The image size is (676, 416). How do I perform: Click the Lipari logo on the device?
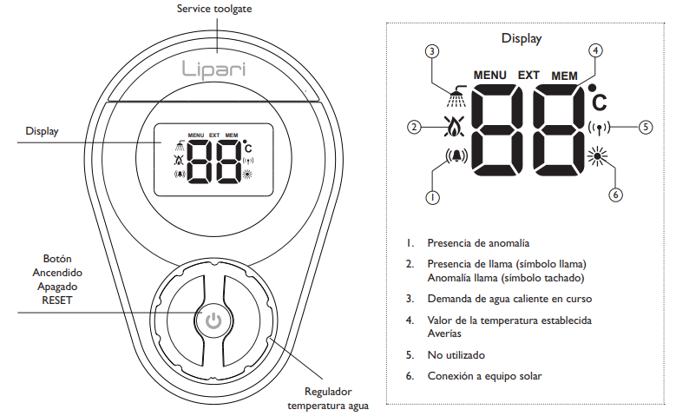(x=213, y=69)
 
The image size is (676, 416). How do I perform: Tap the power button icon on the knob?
(x=213, y=321)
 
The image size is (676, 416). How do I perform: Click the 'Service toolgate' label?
(x=214, y=9)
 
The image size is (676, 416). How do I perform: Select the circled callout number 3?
(x=432, y=52)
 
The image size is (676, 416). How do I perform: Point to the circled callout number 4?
(x=595, y=50)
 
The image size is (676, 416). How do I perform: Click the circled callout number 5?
(x=646, y=127)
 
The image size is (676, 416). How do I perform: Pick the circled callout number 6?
(x=615, y=195)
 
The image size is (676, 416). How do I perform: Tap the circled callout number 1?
(x=432, y=197)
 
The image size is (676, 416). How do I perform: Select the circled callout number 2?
(x=414, y=128)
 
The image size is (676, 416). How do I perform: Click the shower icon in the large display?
(x=457, y=96)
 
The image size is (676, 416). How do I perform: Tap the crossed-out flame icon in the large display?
(x=455, y=127)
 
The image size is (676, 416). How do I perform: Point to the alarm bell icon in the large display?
(x=456, y=156)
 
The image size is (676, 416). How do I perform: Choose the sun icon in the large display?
(x=597, y=156)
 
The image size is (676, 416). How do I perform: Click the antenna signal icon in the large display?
(x=600, y=128)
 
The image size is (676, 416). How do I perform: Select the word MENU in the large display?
(x=489, y=76)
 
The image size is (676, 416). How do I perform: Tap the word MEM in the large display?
(x=564, y=76)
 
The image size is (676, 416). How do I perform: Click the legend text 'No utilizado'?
(x=456, y=355)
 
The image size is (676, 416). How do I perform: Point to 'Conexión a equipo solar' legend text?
(x=484, y=376)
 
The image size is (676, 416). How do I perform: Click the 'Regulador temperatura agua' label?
(x=328, y=399)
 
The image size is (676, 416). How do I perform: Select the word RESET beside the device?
(x=57, y=300)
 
